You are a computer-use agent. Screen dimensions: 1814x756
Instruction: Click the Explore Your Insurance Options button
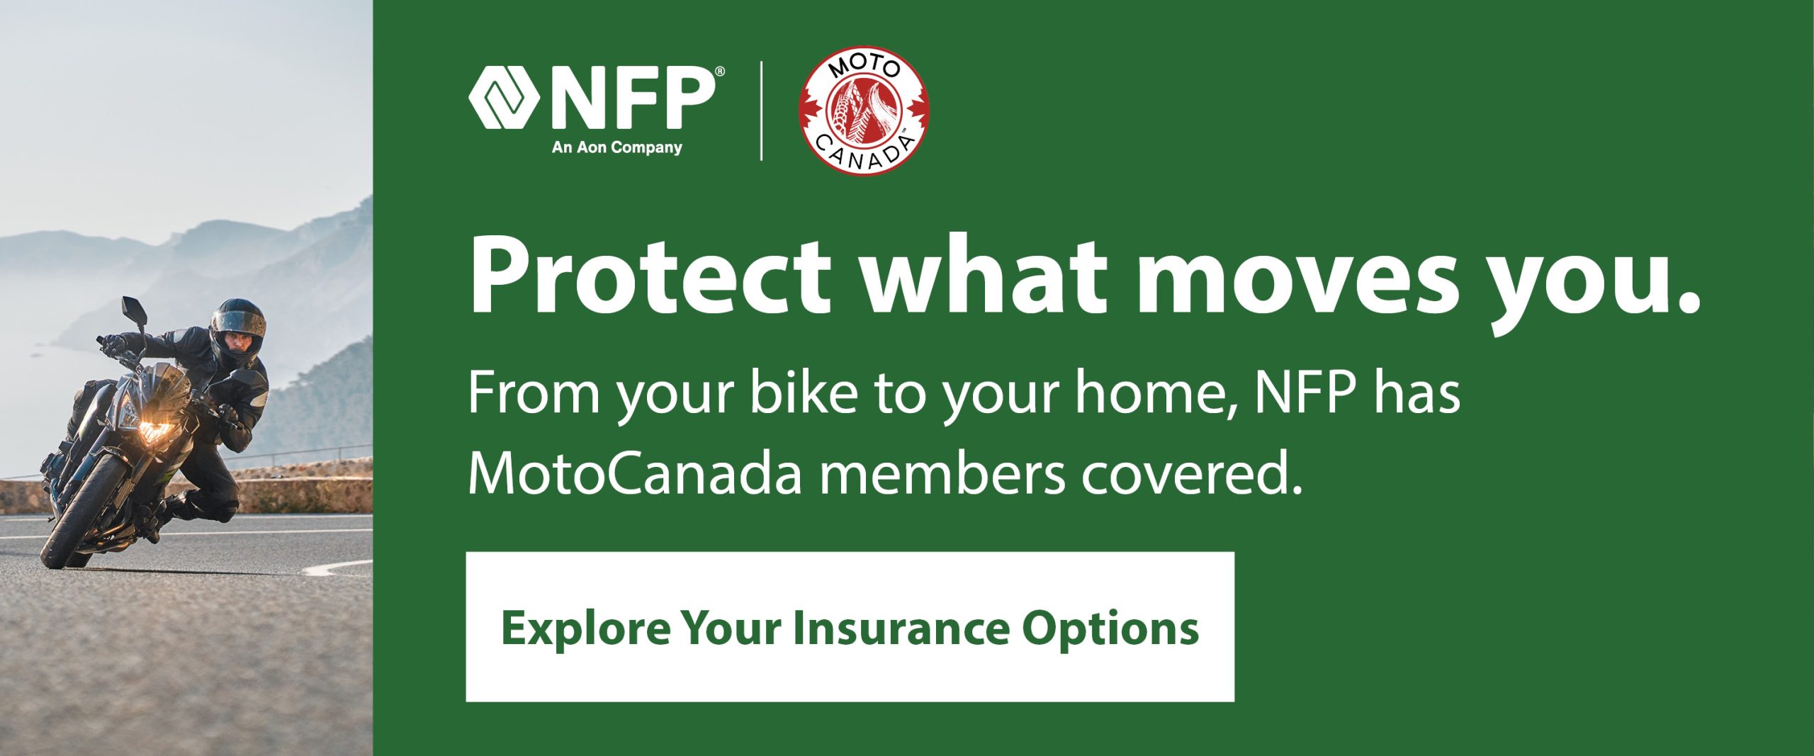(x=850, y=627)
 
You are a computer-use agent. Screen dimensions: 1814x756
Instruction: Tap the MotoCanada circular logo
(x=864, y=110)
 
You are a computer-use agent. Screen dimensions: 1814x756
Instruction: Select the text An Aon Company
(x=616, y=147)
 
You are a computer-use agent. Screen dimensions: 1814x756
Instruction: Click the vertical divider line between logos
(x=761, y=111)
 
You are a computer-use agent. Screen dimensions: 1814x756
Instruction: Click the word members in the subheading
(x=942, y=475)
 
